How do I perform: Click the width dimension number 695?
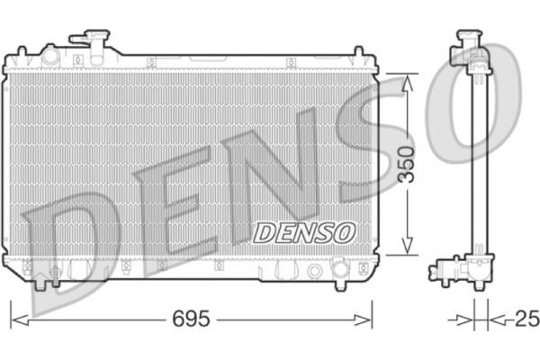[x=191, y=319]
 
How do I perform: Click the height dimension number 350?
[x=409, y=164]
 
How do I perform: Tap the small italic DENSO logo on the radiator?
[x=304, y=232]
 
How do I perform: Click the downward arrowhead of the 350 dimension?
[x=409, y=247]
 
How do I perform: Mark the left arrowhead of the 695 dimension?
[x=15, y=319]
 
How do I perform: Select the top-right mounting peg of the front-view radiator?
[x=357, y=54]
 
